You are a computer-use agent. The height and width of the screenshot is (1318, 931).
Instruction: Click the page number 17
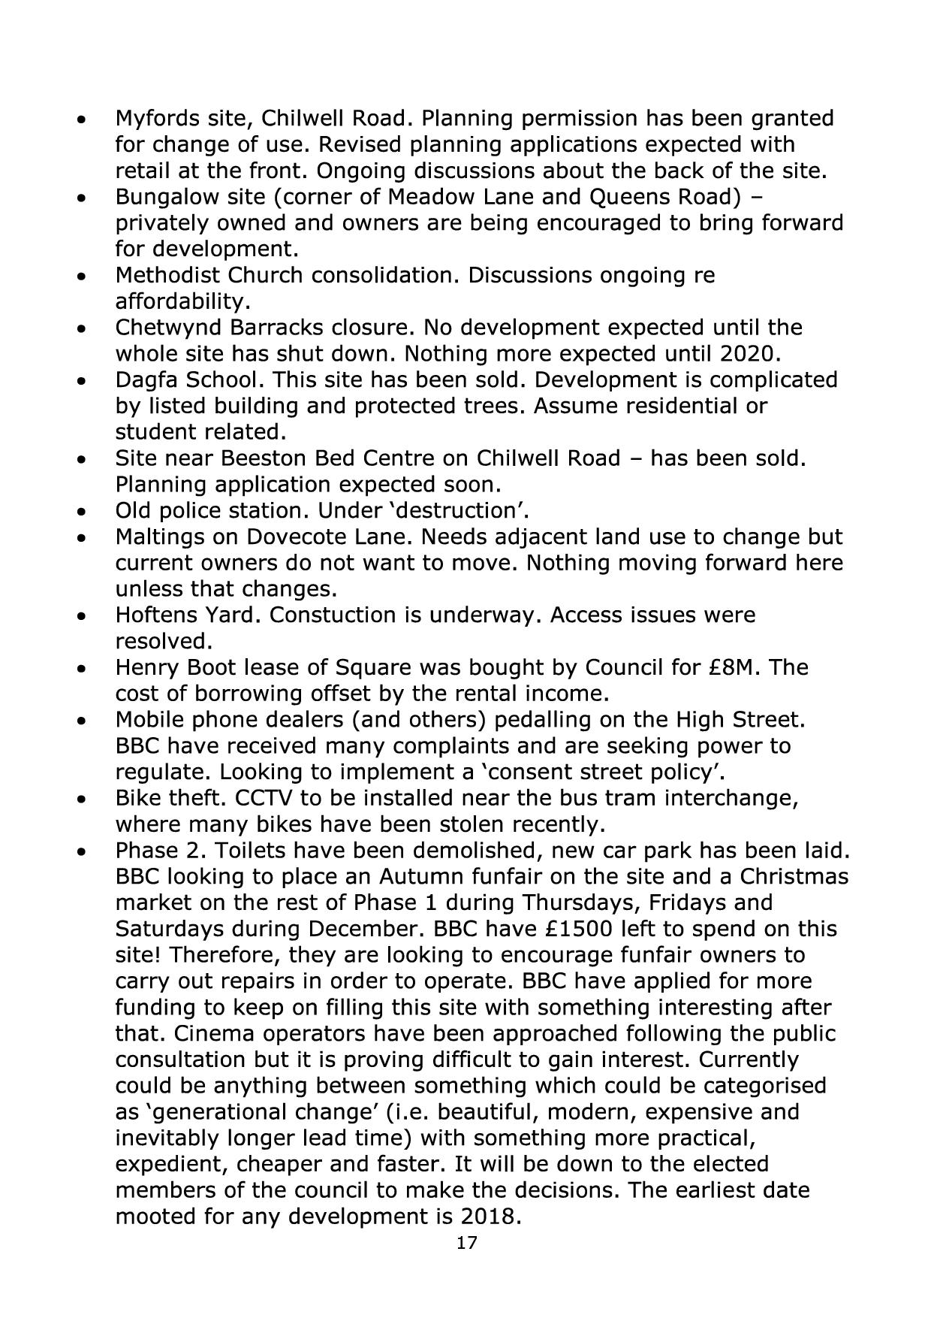[x=466, y=1243]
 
